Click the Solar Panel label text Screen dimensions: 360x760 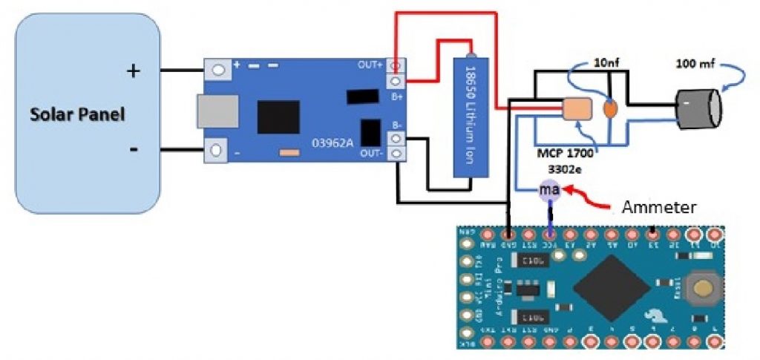click(76, 115)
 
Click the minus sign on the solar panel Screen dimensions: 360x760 click(134, 149)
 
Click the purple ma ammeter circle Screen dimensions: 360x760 click(548, 192)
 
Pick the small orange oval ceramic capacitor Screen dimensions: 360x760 click(610, 109)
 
